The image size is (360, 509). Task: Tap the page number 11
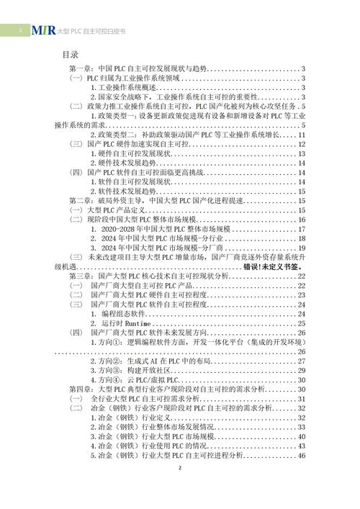[303, 134]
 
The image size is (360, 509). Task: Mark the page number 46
[303, 455]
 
